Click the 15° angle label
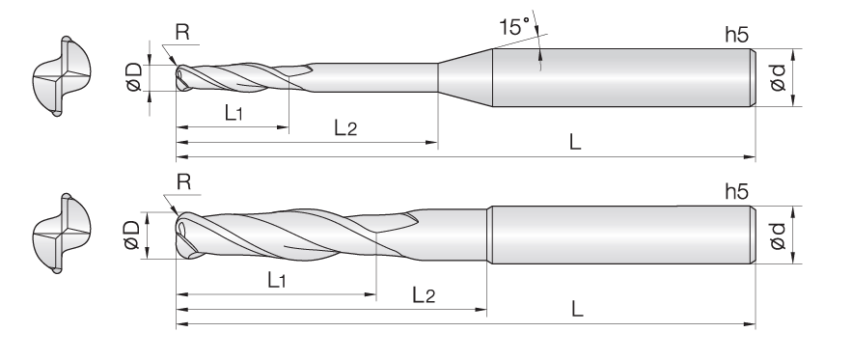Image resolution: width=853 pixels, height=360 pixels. point(514,27)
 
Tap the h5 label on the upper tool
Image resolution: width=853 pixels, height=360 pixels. point(736,35)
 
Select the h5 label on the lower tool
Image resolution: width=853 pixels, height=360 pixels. point(736,191)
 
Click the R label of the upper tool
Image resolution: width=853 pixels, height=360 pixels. point(182,33)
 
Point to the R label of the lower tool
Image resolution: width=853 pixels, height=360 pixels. point(184,182)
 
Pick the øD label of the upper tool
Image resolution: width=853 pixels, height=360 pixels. point(134,76)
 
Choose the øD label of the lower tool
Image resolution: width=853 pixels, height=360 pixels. point(133,235)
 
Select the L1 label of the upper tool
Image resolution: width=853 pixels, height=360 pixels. point(234,113)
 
